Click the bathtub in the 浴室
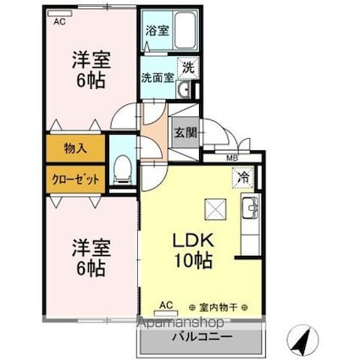point(185,30)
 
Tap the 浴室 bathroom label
point(158,30)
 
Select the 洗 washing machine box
point(188,68)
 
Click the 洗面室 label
point(158,78)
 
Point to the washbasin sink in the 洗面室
point(184,89)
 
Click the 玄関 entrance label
point(186,132)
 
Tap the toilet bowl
point(122,169)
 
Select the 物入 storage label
point(75,148)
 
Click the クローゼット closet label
point(75,179)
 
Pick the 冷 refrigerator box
point(243,178)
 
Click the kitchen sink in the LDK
point(250,208)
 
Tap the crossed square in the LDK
point(215,209)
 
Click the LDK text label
point(193,241)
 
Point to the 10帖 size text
point(193,261)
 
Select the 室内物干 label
point(219,307)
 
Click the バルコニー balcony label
point(202,336)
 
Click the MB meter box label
point(232,158)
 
